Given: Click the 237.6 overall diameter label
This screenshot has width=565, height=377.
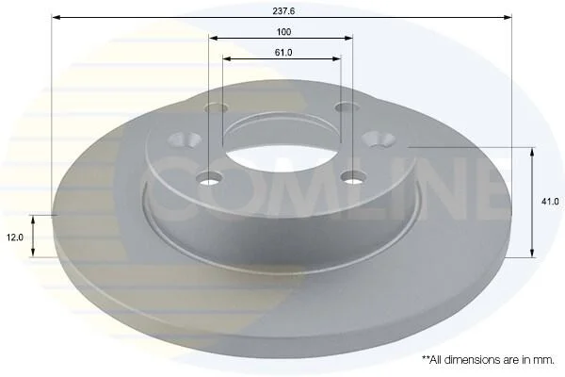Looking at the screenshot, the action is click(x=283, y=11).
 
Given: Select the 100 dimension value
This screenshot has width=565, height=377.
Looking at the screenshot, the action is click(x=283, y=32).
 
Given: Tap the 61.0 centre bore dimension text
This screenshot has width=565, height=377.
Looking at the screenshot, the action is click(x=283, y=53).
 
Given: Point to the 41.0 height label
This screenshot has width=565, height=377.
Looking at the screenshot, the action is click(x=550, y=202).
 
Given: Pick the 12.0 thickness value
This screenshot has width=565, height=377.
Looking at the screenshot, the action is click(x=15, y=238).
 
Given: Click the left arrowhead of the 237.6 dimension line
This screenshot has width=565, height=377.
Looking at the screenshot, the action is click(x=56, y=17).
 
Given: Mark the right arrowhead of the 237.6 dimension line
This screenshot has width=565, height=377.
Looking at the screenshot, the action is click(x=508, y=17).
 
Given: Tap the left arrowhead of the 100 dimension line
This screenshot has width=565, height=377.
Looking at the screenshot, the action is click(x=214, y=38).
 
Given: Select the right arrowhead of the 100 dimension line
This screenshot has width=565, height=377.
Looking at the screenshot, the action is click(x=348, y=38).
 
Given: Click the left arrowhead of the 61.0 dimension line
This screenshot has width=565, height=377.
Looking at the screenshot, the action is click(x=227, y=58).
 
